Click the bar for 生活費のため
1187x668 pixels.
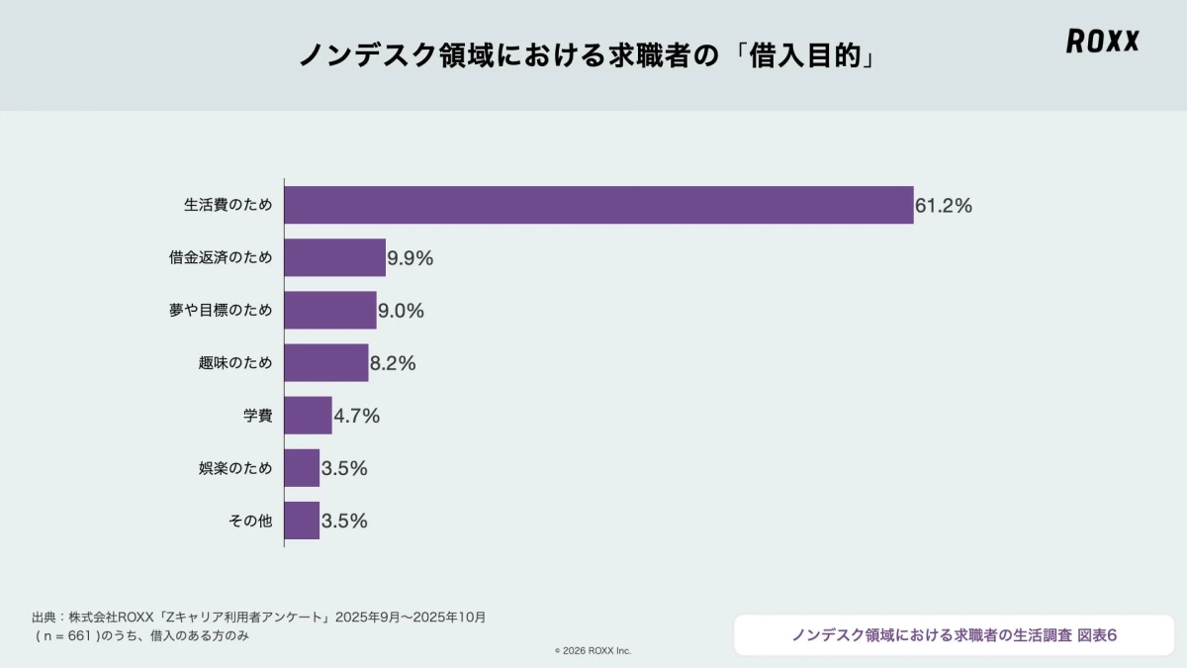[x=598, y=205]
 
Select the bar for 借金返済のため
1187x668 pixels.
[x=334, y=257]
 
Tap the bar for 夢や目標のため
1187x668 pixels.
[x=330, y=310]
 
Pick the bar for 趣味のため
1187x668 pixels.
[x=325, y=362]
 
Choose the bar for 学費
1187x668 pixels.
[x=308, y=415]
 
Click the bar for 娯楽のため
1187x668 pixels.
[x=302, y=467]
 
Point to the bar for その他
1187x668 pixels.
[x=302, y=520]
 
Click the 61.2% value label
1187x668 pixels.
[x=944, y=206]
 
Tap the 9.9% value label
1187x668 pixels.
[x=411, y=258]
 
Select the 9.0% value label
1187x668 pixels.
[x=401, y=311]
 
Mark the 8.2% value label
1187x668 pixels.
[x=393, y=363]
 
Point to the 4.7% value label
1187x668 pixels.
[x=357, y=416]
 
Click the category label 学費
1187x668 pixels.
[x=257, y=416]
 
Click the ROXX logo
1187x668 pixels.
[x=1102, y=42]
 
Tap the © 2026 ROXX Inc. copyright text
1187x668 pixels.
[x=593, y=650]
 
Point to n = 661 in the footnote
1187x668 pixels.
[x=69, y=636]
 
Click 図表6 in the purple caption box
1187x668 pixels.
[x=1097, y=634]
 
